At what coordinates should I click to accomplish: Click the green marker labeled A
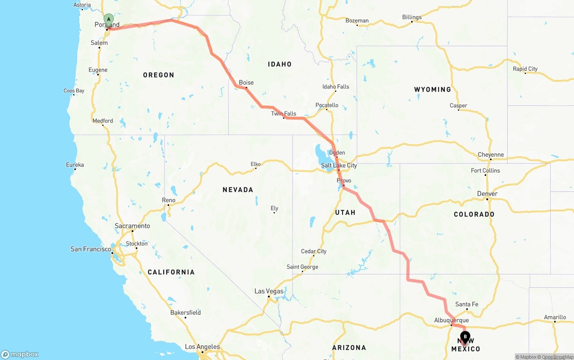(x=109, y=19)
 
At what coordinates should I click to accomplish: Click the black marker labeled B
(x=465, y=336)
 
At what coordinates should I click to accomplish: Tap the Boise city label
(x=246, y=82)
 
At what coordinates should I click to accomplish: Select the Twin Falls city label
(x=283, y=114)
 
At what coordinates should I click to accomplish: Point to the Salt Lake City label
(x=339, y=165)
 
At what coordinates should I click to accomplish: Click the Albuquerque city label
(x=451, y=320)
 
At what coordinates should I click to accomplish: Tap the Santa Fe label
(x=466, y=304)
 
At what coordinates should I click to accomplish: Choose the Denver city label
(x=487, y=194)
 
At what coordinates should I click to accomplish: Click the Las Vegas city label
(x=269, y=291)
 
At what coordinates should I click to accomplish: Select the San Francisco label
(x=91, y=249)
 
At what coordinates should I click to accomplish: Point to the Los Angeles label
(x=202, y=347)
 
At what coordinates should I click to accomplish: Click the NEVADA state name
(x=238, y=190)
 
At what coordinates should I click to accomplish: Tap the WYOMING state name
(x=432, y=89)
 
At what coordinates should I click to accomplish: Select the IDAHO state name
(x=279, y=64)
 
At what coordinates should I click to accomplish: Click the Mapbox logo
(x=20, y=354)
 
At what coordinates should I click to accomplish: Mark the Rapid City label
(x=525, y=69)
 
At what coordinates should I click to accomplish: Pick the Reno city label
(x=169, y=200)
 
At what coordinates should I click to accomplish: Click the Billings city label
(x=412, y=17)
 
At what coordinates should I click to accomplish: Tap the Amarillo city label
(x=555, y=317)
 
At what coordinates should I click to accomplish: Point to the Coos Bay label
(x=74, y=91)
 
